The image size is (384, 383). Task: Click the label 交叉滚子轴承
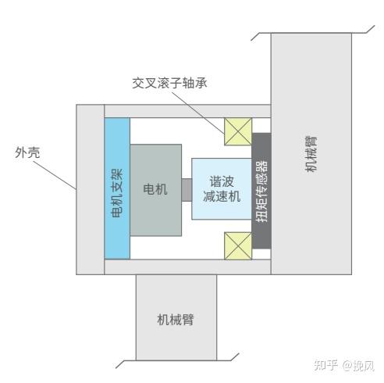[169, 83]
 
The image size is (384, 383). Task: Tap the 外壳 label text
[27, 152]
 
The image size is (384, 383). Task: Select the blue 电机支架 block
[117, 188]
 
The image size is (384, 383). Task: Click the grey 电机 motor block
[155, 190]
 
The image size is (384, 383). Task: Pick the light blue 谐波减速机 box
[222, 189]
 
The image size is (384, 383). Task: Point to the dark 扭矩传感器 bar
[261, 191]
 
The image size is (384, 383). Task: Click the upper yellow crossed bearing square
[238, 131]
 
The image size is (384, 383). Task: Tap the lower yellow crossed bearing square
[238, 246]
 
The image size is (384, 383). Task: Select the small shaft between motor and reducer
[187, 190]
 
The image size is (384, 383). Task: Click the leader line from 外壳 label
[55, 175]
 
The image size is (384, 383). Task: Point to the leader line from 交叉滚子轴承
[198, 113]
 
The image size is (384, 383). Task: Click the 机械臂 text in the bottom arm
[176, 320]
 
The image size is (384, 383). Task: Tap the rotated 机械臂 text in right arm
[311, 153]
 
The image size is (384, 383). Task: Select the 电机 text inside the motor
[155, 189]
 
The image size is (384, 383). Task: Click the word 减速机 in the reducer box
[222, 196]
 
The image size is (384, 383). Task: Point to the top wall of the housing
[187, 111]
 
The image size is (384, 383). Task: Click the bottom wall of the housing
[187, 267]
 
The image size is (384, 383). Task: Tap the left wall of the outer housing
[91, 190]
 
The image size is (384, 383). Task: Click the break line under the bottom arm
[177, 360]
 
